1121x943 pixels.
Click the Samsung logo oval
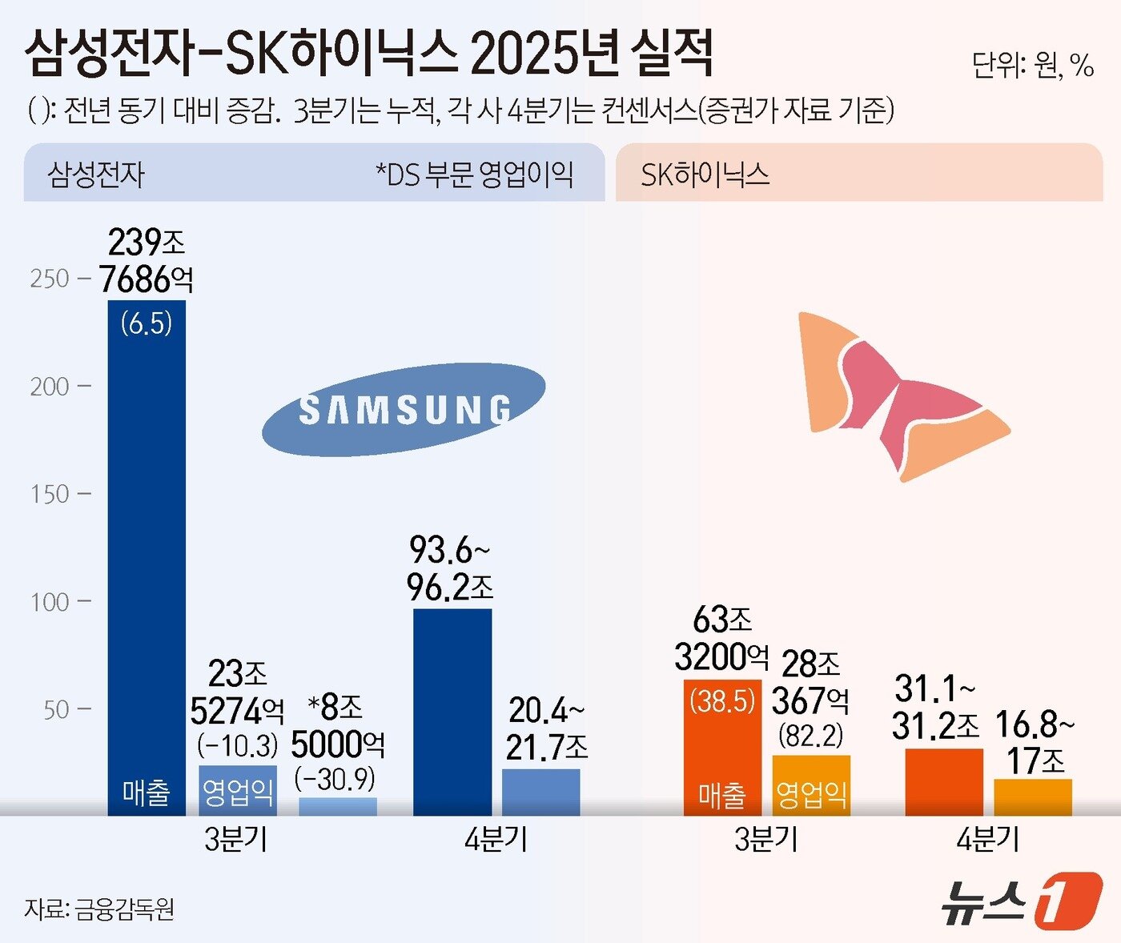coord(404,410)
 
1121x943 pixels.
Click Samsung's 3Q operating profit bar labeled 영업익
coord(238,791)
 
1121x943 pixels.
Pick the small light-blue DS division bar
coord(337,806)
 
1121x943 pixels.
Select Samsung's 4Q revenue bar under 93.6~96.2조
coord(452,712)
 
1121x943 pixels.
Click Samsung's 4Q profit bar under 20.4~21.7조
coord(541,792)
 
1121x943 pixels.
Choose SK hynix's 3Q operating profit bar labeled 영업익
coord(811,785)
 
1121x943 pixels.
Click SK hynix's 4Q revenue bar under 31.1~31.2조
coord(944,782)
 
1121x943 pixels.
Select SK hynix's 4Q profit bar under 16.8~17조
coord(1033,797)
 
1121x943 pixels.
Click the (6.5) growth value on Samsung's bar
coord(147,323)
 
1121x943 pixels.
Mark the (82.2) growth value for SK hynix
coord(811,736)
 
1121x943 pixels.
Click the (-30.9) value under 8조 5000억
coord(335,779)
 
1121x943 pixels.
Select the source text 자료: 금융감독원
coord(99,909)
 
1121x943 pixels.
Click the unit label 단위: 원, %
coord(1032,65)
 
